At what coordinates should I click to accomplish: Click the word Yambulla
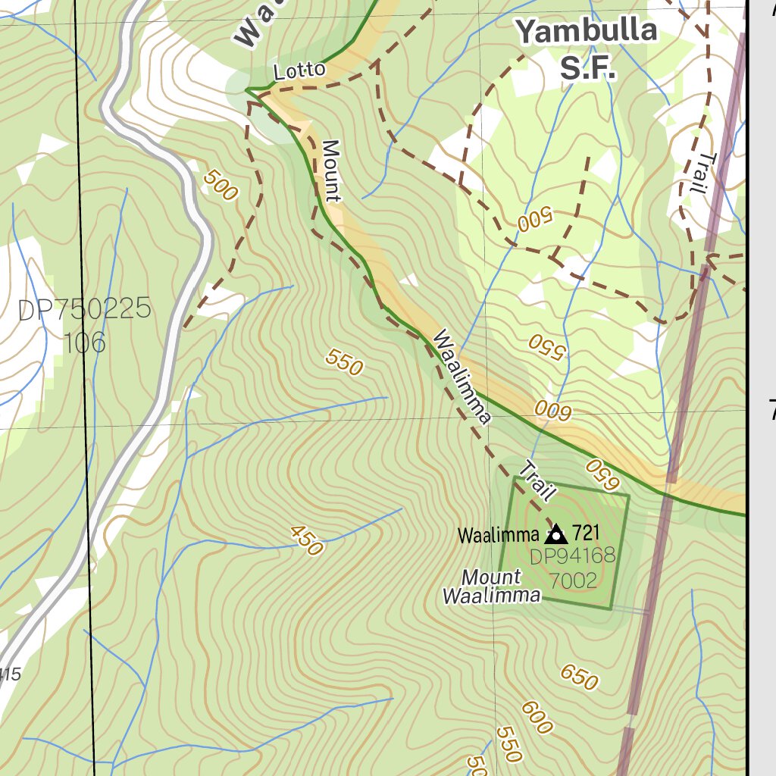(586, 32)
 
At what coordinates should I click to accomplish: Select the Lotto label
(299, 71)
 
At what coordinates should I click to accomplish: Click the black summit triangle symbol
(556, 534)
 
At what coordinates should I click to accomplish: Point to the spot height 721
(587, 533)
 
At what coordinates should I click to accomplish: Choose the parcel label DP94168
(572, 558)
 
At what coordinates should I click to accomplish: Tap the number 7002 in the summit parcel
(573, 581)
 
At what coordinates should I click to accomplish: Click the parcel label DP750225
(84, 310)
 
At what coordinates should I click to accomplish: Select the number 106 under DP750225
(84, 343)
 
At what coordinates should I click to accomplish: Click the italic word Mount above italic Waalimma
(491, 577)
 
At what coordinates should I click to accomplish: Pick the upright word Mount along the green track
(331, 171)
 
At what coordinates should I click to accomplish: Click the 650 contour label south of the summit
(580, 677)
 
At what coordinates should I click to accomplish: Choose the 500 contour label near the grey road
(221, 185)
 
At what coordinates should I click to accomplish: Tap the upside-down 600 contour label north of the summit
(552, 411)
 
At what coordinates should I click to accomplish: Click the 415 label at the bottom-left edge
(10, 673)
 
